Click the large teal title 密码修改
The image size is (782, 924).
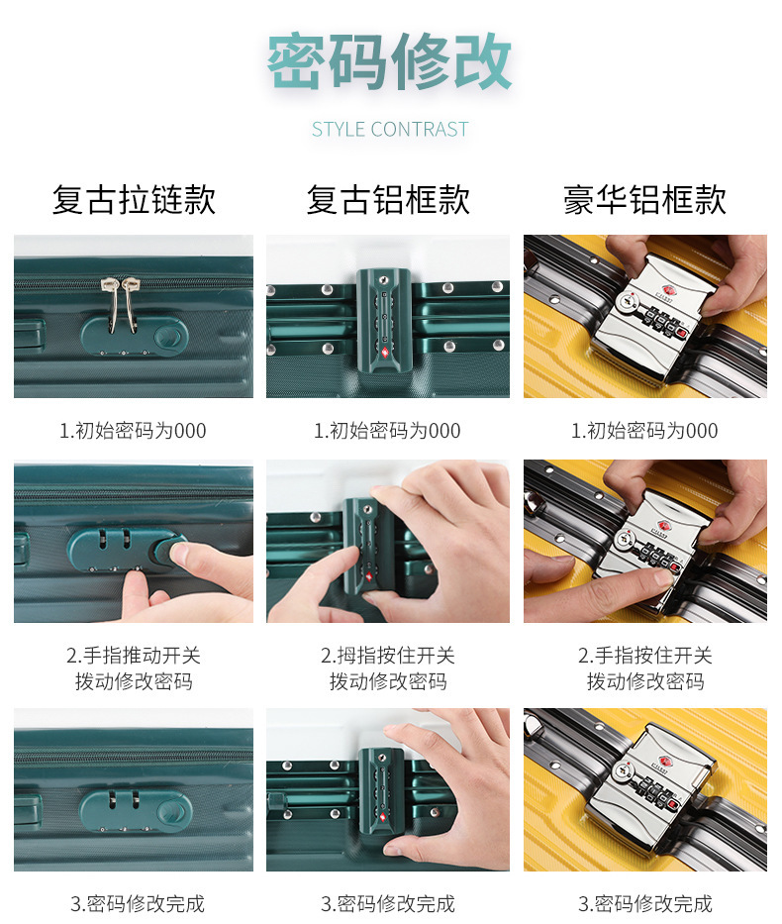[x=389, y=61]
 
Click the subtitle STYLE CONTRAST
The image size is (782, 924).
[x=390, y=129]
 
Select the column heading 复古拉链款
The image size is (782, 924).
[x=134, y=199]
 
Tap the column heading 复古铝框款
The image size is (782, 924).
[x=388, y=199]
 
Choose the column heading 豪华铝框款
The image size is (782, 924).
[x=644, y=199]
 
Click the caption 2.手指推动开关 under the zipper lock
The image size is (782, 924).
[x=134, y=656]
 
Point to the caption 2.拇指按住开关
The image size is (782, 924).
[x=387, y=656]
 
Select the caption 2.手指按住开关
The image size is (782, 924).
[x=644, y=656]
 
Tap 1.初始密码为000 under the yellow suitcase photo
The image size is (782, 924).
[x=644, y=431]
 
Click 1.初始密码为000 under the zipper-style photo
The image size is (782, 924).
[x=133, y=431]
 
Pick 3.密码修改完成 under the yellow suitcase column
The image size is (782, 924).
[x=644, y=903]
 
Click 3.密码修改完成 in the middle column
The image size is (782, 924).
[x=387, y=903]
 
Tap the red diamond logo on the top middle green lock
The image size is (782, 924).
[x=384, y=354]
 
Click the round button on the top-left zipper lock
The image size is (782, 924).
[x=168, y=337]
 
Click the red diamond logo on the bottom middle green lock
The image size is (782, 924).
[x=383, y=818]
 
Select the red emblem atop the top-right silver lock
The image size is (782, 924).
[x=668, y=289]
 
